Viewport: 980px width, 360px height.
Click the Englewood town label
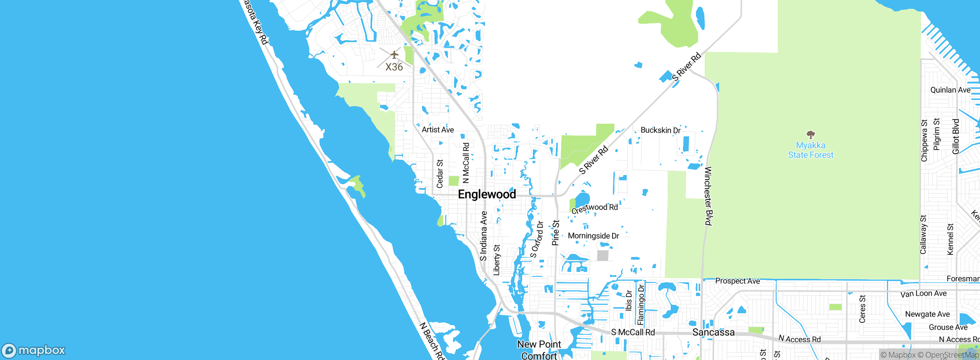487,194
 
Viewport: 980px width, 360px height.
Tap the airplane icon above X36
394,55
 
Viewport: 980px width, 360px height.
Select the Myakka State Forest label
810,150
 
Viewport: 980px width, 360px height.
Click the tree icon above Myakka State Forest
810,134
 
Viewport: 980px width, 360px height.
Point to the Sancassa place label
713,332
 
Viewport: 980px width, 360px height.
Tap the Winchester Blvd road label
709,196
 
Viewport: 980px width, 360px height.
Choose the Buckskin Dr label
660,130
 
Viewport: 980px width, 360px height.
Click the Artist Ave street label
438,130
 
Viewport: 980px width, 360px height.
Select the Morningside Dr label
593,236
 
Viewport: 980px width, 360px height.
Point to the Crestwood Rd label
595,208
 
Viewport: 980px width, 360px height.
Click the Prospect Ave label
737,281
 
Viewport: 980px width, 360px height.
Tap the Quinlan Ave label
950,90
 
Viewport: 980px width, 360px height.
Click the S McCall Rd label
633,332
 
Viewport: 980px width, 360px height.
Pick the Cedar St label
439,174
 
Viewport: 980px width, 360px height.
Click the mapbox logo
34,350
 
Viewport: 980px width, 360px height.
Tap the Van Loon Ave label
923,294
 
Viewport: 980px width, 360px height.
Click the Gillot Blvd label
955,137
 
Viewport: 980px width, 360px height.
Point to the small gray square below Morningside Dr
603,255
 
